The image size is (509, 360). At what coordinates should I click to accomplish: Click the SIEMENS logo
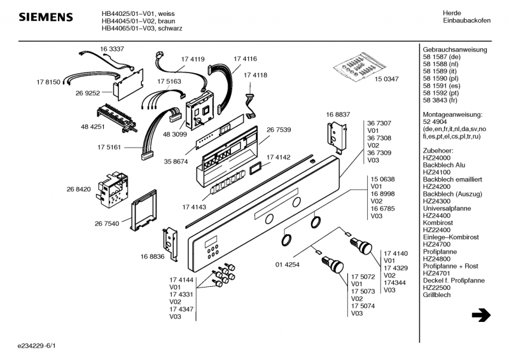pos(44,17)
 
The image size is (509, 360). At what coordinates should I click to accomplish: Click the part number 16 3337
pos(112,49)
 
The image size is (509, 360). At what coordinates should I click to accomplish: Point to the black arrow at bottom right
pos(482,315)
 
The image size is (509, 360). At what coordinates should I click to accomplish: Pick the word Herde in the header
pos(452,13)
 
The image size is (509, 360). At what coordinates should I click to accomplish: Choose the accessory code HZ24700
pos(436,244)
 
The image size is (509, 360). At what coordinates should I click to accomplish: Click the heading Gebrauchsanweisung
pos(454,50)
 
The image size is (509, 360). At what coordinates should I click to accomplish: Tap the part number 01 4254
pos(287,265)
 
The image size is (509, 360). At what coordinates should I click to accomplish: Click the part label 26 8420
pos(78,189)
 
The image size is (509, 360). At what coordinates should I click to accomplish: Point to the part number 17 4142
pos(278,157)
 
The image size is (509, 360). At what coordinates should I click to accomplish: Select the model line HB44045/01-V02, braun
pos(134,21)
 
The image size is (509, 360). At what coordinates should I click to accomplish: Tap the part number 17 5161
pos(110,147)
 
